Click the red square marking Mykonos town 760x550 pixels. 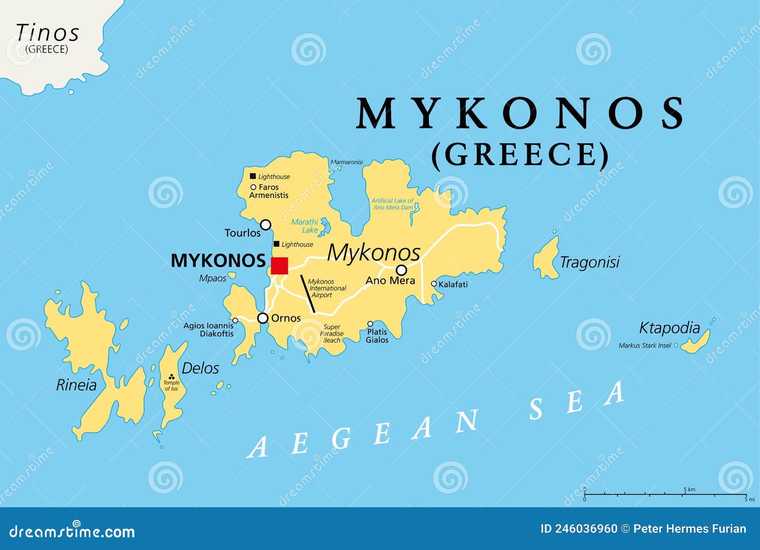coord(279,266)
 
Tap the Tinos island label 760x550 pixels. coord(47,33)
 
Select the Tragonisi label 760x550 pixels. coord(589,262)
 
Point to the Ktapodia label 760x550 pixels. coord(669,328)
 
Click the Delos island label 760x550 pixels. coord(200,368)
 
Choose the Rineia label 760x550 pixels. coord(76,385)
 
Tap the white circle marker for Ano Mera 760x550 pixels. coord(401,270)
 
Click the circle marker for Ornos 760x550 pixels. coord(263,318)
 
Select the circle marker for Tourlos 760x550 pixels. coord(266,225)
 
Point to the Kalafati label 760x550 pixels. coord(453,284)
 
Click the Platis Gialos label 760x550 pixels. coord(377,336)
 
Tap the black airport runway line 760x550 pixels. coord(308,294)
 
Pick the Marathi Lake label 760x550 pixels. coord(305,226)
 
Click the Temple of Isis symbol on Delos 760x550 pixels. coord(171,377)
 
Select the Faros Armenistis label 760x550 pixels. coord(269,191)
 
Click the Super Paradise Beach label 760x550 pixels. coord(332,333)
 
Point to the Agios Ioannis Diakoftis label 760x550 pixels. coord(209,330)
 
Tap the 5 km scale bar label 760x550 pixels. coord(689,489)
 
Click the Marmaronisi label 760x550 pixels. coord(347,162)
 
